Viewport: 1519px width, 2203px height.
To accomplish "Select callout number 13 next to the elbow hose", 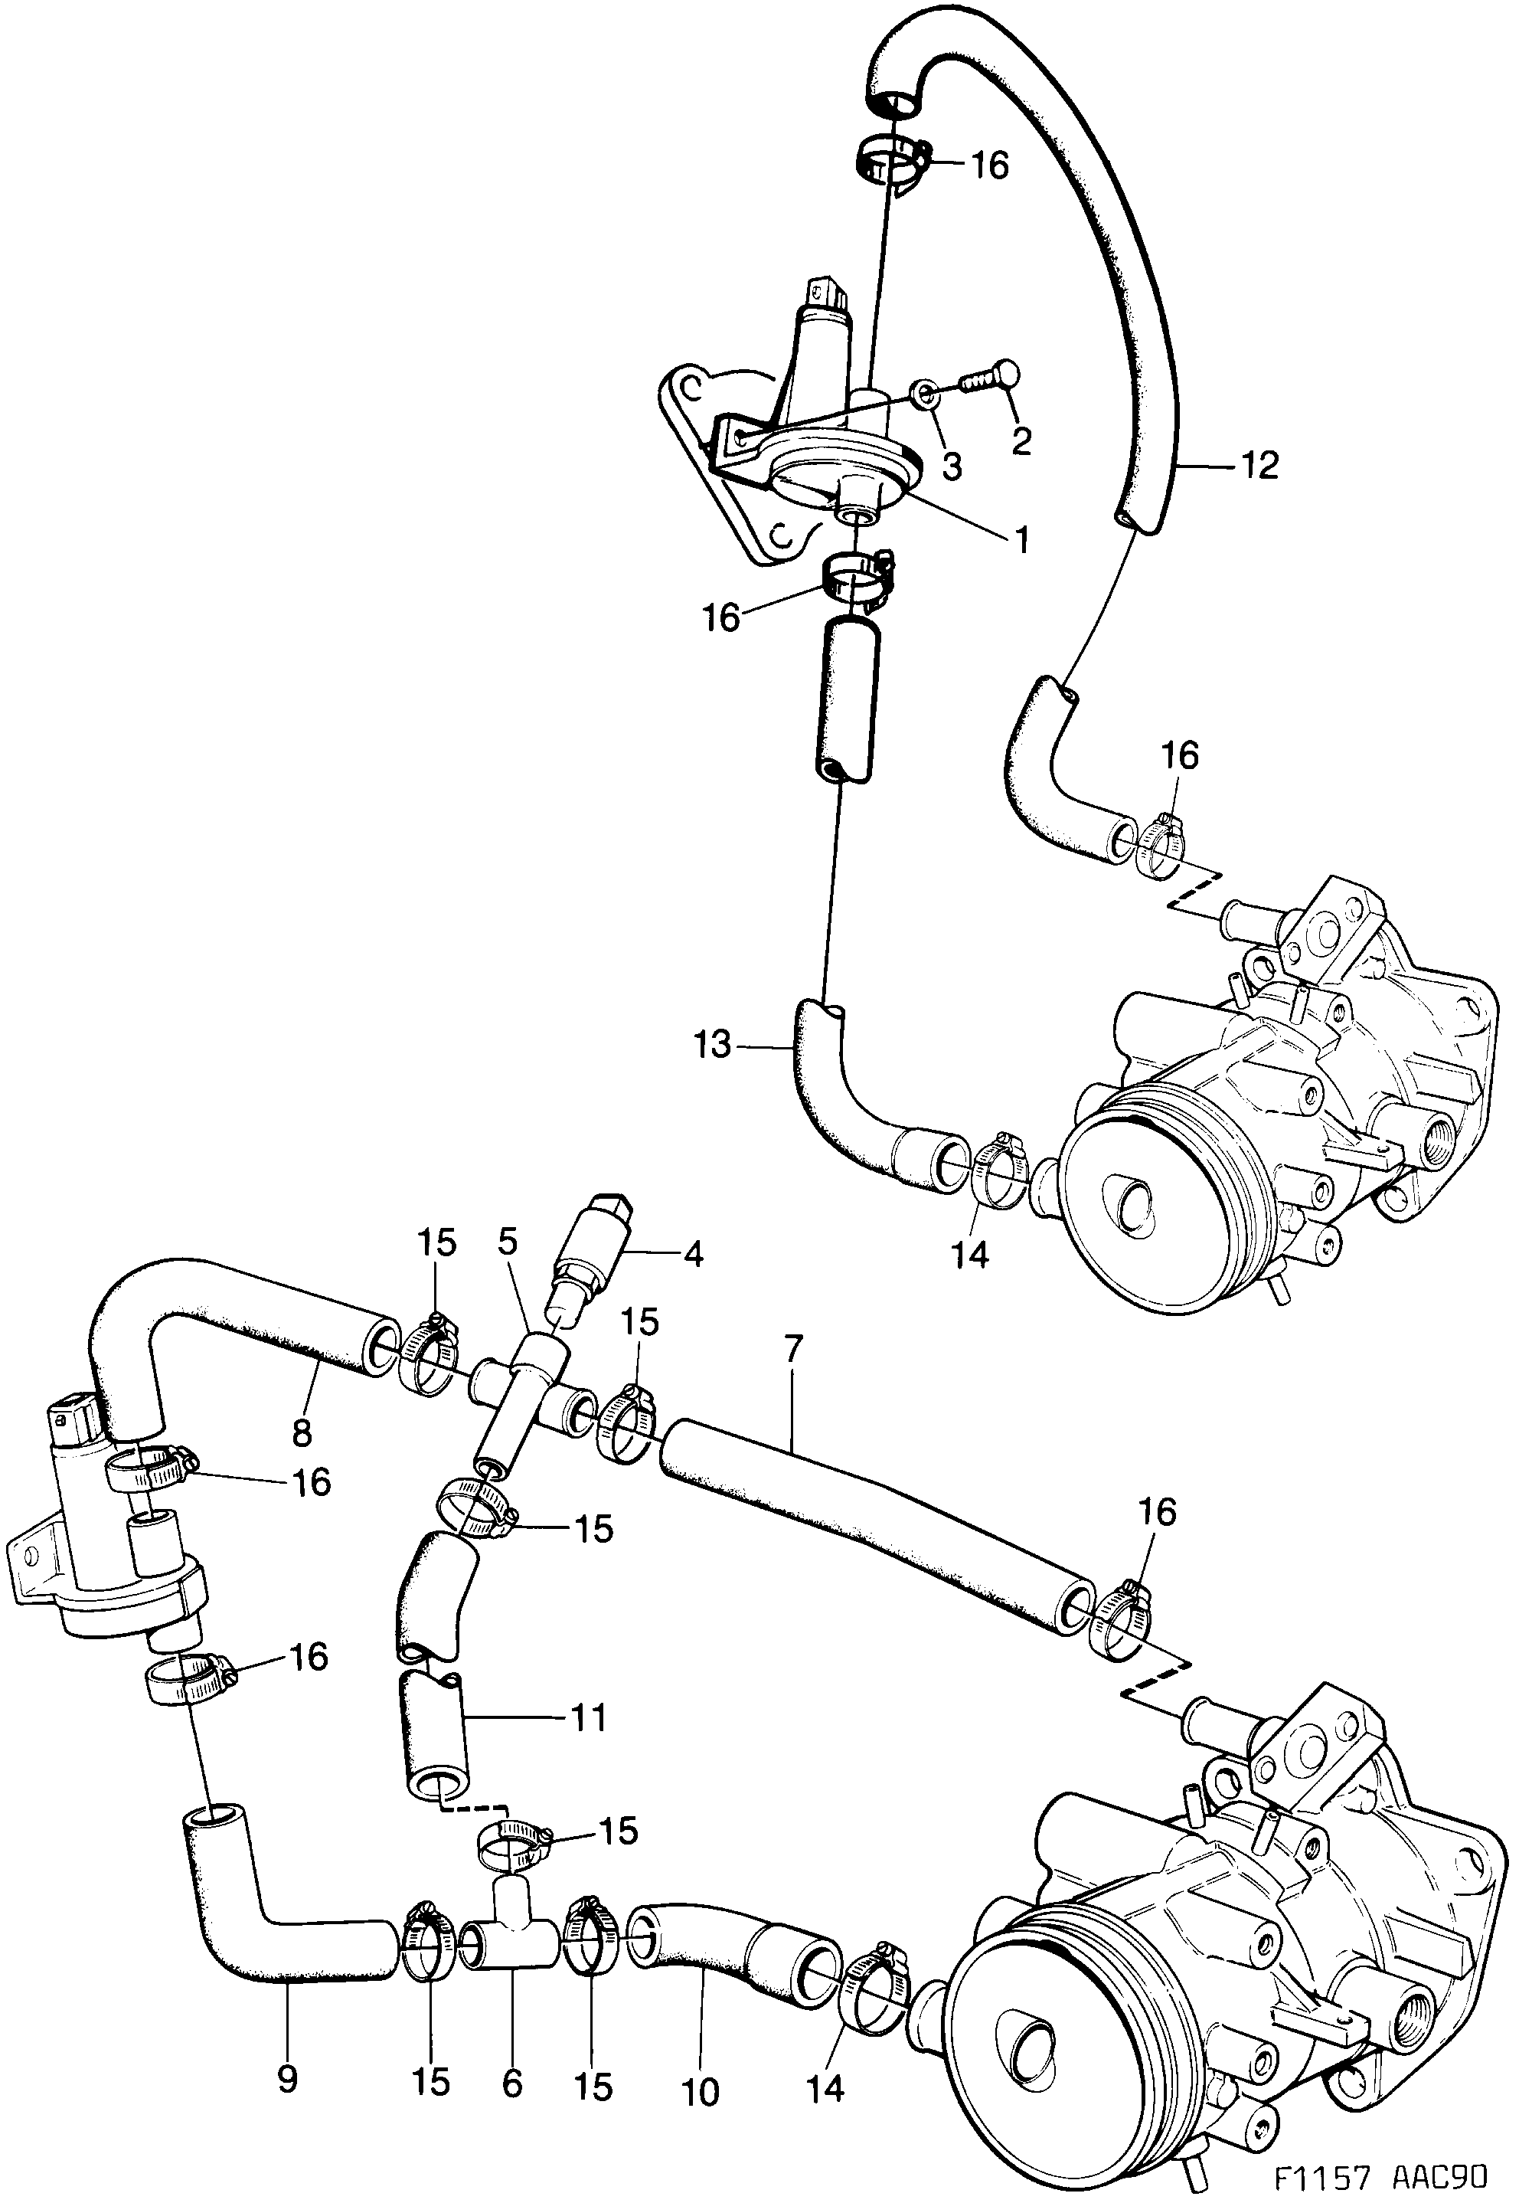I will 713,1046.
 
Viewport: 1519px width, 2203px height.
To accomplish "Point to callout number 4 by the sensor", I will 694,1254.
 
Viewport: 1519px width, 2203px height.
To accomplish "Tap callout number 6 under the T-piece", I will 512,2080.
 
